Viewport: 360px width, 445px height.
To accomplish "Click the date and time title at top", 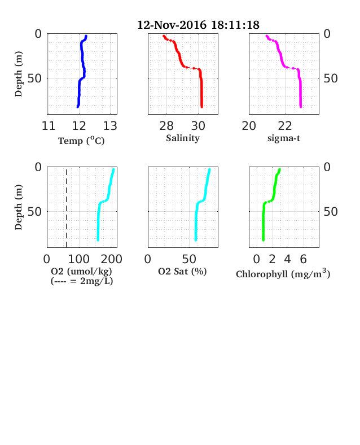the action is click(x=198, y=25).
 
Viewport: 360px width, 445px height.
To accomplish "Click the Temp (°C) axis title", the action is click(x=81, y=141).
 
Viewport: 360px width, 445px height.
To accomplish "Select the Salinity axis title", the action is click(x=183, y=138).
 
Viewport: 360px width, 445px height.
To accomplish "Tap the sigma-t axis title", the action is click(x=284, y=138).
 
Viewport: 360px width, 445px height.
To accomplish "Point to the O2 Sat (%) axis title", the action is click(x=182, y=271).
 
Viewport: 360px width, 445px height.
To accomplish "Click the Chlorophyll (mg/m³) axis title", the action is click(x=283, y=273).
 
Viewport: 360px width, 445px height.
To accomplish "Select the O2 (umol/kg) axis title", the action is click(x=81, y=271).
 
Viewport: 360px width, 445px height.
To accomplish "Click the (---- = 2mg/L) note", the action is click(x=82, y=281).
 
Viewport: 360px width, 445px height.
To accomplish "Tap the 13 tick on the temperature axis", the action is click(x=110, y=126).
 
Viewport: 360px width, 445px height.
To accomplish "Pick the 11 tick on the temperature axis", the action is click(x=49, y=126).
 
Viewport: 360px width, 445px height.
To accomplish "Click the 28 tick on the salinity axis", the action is click(x=166, y=126).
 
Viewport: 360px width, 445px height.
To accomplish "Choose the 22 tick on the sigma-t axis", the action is click(x=285, y=126).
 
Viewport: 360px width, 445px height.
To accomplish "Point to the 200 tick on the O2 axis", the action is click(x=112, y=259).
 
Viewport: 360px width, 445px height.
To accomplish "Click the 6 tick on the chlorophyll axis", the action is click(x=304, y=259).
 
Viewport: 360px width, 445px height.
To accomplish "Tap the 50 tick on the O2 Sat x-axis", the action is click(x=189, y=259).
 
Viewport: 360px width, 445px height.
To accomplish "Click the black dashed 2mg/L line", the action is click(x=67, y=208).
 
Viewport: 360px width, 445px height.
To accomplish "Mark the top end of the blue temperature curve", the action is click(x=86, y=36).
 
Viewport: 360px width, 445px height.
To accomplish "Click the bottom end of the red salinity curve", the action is click(x=202, y=107).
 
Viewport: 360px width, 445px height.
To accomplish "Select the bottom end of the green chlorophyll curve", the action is click(x=263, y=240).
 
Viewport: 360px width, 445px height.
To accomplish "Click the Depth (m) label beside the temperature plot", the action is click(x=19, y=74).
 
